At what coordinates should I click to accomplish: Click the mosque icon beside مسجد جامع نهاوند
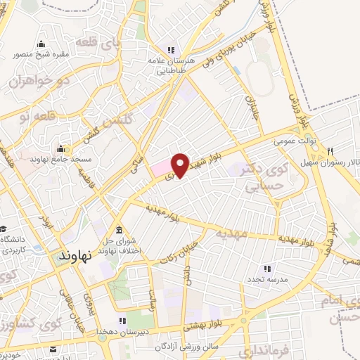click(x=61, y=149)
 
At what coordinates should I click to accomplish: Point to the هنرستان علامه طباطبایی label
click(x=168, y=65)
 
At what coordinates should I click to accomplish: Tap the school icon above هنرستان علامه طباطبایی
click(x=169, y=49)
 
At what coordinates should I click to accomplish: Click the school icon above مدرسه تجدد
click(x=266, y=268)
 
